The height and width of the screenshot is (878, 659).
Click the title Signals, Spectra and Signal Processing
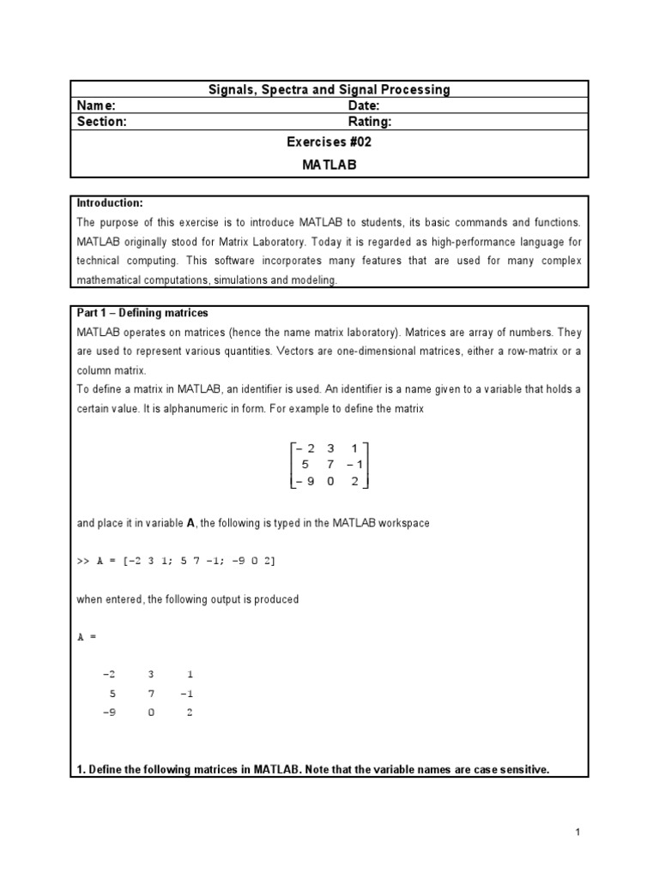click(x=330, y=89)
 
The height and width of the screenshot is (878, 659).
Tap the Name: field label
click(x=96, y=105)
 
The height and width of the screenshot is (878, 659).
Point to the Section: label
click(x=102, y=122)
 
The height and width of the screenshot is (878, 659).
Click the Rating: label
click(x=370, y=122)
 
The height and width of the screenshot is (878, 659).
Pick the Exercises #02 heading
click(x=329, y=142)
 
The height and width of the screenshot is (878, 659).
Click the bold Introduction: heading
click(x=110, y=203)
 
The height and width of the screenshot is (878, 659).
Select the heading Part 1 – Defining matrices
click(x=142, y=313)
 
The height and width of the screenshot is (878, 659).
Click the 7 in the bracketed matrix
click(x=331, y=464)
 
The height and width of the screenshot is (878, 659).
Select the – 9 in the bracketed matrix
click(x=303, y=481)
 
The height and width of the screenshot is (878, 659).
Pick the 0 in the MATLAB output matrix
click(x=151, y=713)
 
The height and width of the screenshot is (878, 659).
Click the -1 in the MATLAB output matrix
click(x=188, y=694)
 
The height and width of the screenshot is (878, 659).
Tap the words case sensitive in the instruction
click(x=503, y=770)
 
